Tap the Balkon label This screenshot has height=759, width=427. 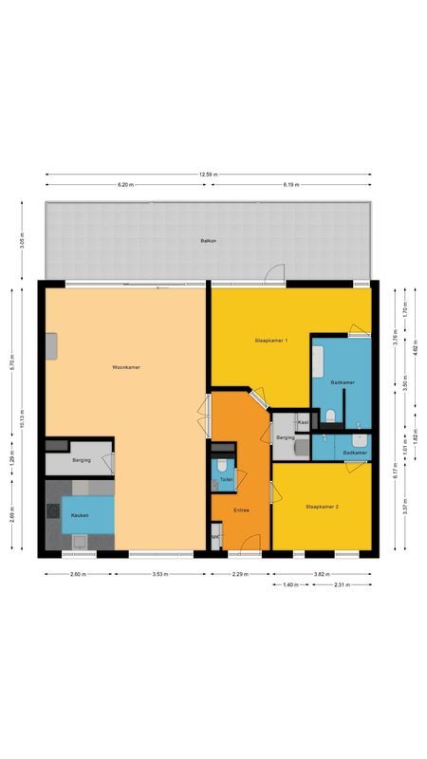(208, 241)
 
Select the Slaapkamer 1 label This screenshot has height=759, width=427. (270, 340)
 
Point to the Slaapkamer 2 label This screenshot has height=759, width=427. (322, 507)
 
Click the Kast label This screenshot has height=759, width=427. (302, 421)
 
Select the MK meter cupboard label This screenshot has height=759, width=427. (216, 538)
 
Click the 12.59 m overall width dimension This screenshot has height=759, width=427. (209, 175)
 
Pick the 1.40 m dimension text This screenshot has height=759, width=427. (291, 584)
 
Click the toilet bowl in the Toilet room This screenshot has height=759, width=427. (221, 465)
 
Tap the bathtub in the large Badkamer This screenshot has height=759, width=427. (319, 361)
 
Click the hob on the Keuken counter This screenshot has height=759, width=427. (52, 512)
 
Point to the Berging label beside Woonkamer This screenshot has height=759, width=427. (81, 459)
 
